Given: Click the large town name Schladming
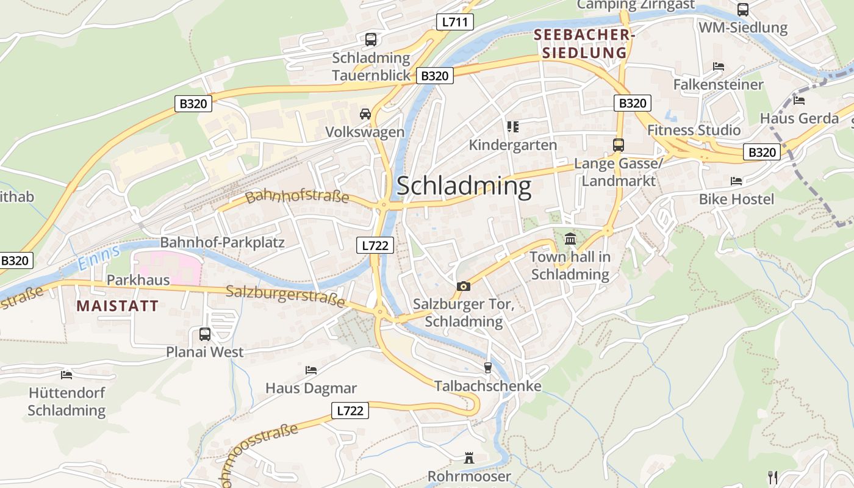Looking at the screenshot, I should [464, 186].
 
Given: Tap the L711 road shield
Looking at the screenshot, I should [455, 23].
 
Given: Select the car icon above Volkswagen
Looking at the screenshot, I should [365, 114].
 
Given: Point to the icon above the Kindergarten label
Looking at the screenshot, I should [512, 127].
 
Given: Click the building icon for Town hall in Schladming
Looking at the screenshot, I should [570, 239].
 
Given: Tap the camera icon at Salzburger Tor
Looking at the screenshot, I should [464, 286].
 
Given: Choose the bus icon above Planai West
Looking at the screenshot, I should [205, 334].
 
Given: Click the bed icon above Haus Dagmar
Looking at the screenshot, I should [311, 370].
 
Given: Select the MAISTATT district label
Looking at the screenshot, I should [118, 306].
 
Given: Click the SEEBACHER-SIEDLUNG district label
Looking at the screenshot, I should [584, 44].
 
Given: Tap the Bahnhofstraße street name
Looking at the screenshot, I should [297, 196].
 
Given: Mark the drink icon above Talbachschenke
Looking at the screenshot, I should [487, 367].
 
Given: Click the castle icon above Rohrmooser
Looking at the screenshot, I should [469, 457].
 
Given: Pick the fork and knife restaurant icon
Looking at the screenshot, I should [772, 476].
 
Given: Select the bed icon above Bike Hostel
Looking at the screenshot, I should [736, 181].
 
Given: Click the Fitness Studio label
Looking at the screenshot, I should [694, 130].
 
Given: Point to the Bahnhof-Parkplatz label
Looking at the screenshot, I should [222, 242].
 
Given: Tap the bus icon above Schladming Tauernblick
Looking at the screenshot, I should [370, 40].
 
